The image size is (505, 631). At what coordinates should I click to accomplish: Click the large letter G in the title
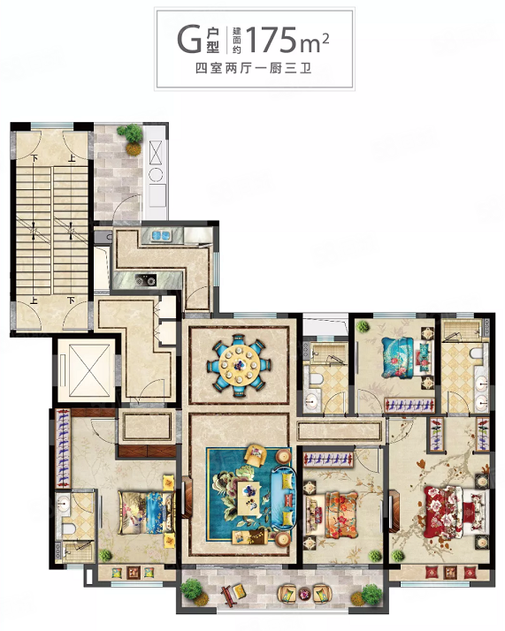coord(189,40)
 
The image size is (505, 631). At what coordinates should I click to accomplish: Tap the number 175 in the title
coord(272,40)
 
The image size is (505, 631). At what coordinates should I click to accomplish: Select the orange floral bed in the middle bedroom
coord(331,515)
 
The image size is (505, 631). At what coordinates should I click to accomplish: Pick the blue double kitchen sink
coord(161,235)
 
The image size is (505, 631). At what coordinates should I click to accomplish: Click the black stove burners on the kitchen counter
coord(145,280)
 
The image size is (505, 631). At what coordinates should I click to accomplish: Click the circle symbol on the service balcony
coord(156,175)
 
